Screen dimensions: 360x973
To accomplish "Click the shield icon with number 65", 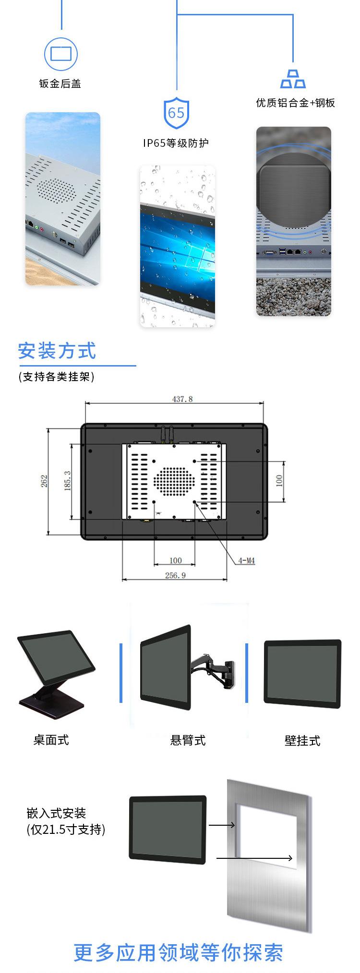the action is (x=176, y=112).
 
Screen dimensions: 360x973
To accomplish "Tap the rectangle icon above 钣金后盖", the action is (x=61, y=53).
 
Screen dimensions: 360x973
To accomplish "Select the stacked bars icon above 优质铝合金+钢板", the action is (x=293, y=79).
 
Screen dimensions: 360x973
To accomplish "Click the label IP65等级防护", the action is (x=176, y=143).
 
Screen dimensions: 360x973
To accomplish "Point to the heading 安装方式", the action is (x=57, y=351).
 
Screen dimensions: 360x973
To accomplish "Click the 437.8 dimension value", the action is (x=182, y=399).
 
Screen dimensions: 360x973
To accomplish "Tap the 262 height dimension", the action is (x=44, y=481).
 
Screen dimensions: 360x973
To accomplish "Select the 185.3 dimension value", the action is (x=68, y=481).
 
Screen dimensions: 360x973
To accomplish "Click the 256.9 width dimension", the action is (x=175, y=575).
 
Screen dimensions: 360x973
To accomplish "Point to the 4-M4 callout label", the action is (x=246, y=560).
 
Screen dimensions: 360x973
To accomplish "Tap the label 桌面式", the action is (x=51, y=740).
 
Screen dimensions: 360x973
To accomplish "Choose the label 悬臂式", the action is (x=188, y=740).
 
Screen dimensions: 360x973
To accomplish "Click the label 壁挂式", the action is (x=302, y=741).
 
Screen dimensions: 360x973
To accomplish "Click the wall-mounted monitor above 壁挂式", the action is (x=302, y=673).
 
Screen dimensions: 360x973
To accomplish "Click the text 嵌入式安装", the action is (x=56, y=813).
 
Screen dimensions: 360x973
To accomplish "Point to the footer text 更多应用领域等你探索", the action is (x=179, y=952).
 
